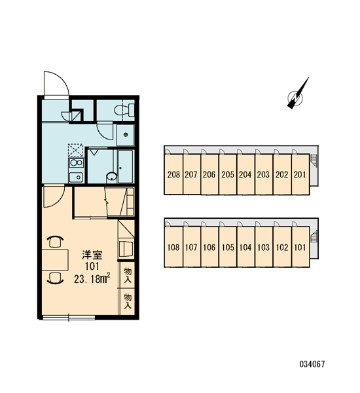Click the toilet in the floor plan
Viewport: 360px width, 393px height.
pyautogui.click(x=124, y=109)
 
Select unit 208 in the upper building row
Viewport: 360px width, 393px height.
pyautogui.click(x=173, y=174)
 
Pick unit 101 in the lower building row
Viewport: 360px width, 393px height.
pyautogui.click(x=300, y=247)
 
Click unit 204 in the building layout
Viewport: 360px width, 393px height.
pyautogui.click(x=245, y=174)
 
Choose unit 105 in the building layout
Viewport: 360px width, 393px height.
pyautogui.click(x=228, y=247)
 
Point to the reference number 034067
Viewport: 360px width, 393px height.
pyautogui.click(x=312, y=364)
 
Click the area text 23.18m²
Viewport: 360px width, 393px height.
pyautogui.click(x=92, y=279)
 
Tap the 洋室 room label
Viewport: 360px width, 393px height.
pyautogui.click(x=92, y=255)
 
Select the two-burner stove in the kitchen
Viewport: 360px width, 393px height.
pyautogui.click(x=77, y=162)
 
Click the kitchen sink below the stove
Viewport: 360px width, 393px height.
pyautogui.click(x=76, y=177)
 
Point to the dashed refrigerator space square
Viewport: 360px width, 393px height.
pyautogui.click(x=75, y=150)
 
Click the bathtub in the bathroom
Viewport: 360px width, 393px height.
pyautogui.click(x=125, y=166)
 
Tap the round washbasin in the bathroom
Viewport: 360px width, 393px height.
pyautogui.click(x=111, y=176)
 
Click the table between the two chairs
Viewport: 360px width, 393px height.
pyautogui.click(x=55, y=259)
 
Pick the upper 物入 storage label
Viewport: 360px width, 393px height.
pyautogui.click(x=128, y=275)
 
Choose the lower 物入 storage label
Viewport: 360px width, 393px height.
pyautogui.click(x=128, y=301)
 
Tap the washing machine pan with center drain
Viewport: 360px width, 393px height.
pyautogui.click(x=126, y=135)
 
